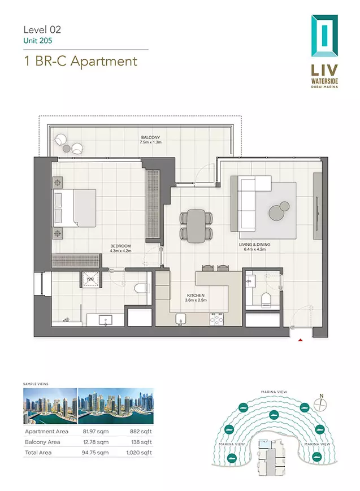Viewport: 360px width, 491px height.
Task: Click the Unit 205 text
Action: click(38, 40)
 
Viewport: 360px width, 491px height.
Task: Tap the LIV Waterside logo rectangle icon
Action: click(324, 36)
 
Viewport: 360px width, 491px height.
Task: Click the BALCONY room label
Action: click(150, 137)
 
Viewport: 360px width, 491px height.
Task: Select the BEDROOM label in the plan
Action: click(120, 246)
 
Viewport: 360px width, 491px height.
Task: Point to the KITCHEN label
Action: click(196, 296)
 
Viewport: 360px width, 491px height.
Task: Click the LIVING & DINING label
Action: click(254, 245)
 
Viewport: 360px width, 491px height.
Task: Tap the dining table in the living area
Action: click(196, 226)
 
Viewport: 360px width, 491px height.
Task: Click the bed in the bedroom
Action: click(74, 207)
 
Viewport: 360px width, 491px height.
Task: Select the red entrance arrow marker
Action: click(300, 340)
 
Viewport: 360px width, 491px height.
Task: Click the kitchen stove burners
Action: click(217, 319)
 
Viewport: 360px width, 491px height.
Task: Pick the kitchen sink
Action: click(181, 319)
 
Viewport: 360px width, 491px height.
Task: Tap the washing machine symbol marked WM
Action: click(91, 279)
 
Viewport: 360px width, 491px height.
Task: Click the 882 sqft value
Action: click(141, 431)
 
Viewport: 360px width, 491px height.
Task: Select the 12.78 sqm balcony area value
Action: click(96, 442)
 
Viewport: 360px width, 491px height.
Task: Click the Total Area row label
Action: click(38, 453)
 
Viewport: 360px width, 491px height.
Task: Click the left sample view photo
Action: click(50, 406)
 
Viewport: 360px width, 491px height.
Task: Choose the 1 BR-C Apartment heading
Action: click(80, 61)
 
